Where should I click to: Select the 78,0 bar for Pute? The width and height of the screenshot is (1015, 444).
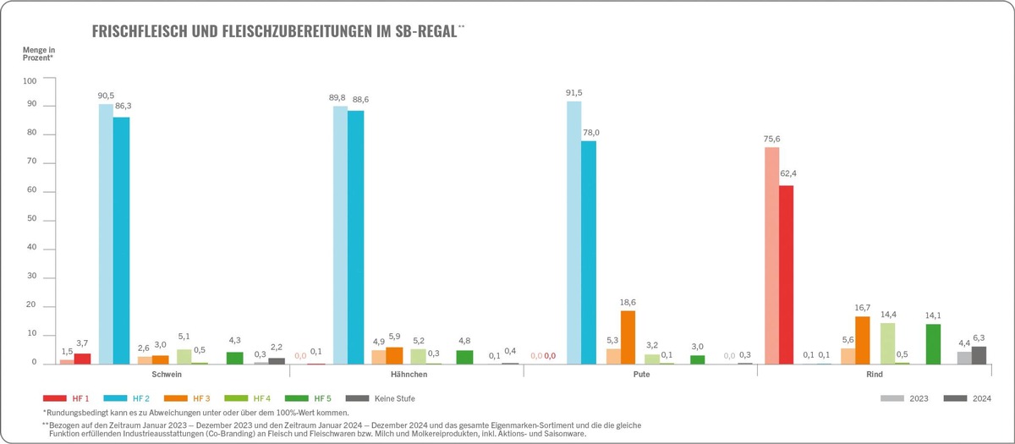pos(589,253)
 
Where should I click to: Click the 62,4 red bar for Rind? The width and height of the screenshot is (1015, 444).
pos(786,275)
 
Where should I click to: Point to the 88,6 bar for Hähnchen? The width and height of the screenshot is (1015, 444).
pos(354,238)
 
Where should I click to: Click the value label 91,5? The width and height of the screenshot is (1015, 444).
pos(574,92)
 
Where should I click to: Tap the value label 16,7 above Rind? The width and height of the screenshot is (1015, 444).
pos(863,308)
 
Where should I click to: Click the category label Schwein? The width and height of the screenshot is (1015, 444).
pos(167,373)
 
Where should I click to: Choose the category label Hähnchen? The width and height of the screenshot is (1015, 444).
pos(406,373)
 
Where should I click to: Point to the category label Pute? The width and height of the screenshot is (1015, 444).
pos(640,373)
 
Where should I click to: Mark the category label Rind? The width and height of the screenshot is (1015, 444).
pos(875,373)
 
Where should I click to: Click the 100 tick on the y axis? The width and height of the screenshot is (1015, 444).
pos(30,81)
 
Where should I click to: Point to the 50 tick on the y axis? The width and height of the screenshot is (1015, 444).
pos(32,221)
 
